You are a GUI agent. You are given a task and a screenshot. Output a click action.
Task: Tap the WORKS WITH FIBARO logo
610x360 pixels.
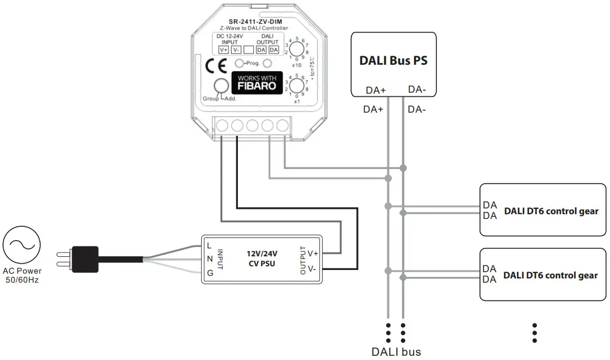[257, 82]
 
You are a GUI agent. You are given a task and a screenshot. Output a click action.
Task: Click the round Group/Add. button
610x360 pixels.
[220, 86]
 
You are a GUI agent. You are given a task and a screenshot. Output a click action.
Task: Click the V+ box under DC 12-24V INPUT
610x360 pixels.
[224, 49]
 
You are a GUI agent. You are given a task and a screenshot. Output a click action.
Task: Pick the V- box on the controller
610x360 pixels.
[236, 49]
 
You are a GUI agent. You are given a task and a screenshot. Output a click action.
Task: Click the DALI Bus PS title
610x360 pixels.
[393, 60]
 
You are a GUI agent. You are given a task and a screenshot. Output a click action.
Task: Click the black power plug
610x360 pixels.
[85, 257]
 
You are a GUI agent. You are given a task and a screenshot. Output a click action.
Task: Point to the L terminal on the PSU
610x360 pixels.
[209, 245]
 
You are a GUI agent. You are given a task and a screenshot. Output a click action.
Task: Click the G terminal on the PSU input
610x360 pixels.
[209, 272]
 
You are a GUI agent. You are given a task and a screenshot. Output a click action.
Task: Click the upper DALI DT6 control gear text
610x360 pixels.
[551, 212]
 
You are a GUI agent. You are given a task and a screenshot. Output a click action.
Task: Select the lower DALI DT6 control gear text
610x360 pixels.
[551, 275]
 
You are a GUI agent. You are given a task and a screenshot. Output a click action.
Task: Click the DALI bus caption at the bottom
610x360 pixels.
[396, 351]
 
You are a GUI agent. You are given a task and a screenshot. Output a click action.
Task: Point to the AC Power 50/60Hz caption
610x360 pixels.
[22, 276]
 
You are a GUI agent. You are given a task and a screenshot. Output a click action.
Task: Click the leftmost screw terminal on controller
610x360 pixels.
[222, 125]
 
